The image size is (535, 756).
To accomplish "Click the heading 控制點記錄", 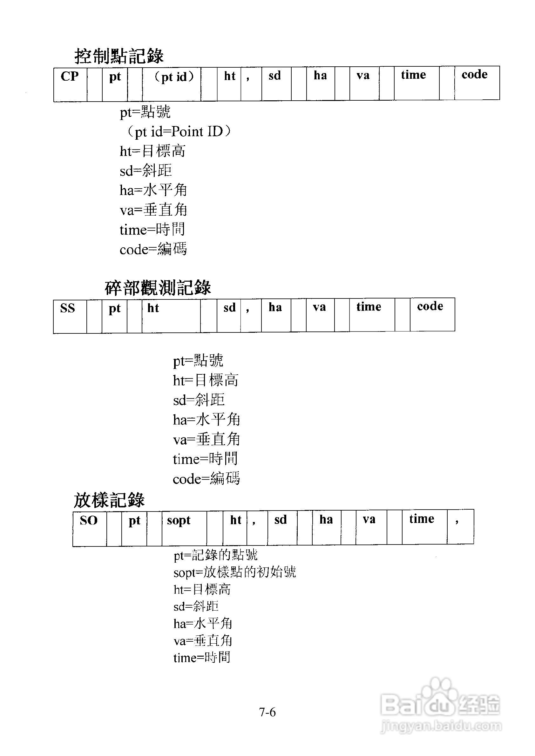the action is click(x=119, y=56).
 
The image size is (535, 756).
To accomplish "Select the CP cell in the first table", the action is click(x=70, y=84).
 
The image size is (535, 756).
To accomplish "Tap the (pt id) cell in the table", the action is click(x=172, y=84).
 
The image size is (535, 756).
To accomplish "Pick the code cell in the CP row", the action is click(x=477, y=83).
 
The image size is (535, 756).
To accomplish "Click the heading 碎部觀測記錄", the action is click(x=158, y=287).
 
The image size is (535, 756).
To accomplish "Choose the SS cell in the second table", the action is click(x=70, y=315).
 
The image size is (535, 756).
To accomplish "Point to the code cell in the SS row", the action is click(x=432, y=314).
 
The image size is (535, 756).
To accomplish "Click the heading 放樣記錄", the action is click(x=109, y=500).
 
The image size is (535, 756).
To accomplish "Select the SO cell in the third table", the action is click(x=89, y=528).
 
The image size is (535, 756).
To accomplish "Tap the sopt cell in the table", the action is click(x=184, y=528).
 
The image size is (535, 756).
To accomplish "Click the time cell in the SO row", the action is click(x=424, y=527).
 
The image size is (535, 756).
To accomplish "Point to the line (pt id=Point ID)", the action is click(x=179, y=132).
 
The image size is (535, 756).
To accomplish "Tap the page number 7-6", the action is click(x=267, y=712).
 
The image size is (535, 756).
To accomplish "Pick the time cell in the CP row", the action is click(x=416, y=83).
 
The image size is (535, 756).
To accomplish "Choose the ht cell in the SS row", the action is click(x=171, y=315).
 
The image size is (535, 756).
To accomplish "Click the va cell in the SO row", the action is click(x=371, y=527).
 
